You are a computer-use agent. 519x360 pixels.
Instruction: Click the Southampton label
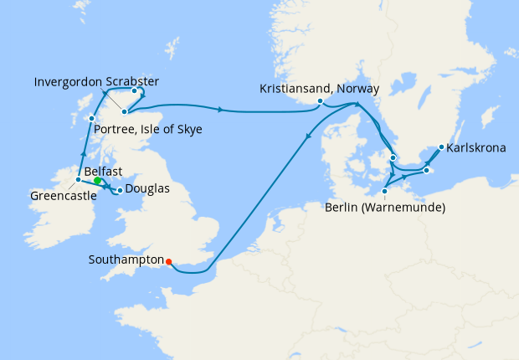(x=125, y=260)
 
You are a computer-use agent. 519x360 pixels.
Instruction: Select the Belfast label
(x=105, y=171)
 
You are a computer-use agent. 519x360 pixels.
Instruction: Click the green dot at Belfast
(x=97, y=180)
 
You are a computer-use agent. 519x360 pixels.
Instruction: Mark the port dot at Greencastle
(x=78, y=179)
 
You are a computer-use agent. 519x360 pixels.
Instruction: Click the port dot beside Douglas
(x=120, y=190)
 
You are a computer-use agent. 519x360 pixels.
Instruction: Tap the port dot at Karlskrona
(x=442, y=148)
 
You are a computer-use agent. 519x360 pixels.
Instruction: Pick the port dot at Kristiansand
(x=320, y=101)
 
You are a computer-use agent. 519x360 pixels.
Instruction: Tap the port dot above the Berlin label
(x=384, y=191)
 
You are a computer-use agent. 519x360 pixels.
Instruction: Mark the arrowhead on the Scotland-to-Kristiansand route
(x=220, y=110)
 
